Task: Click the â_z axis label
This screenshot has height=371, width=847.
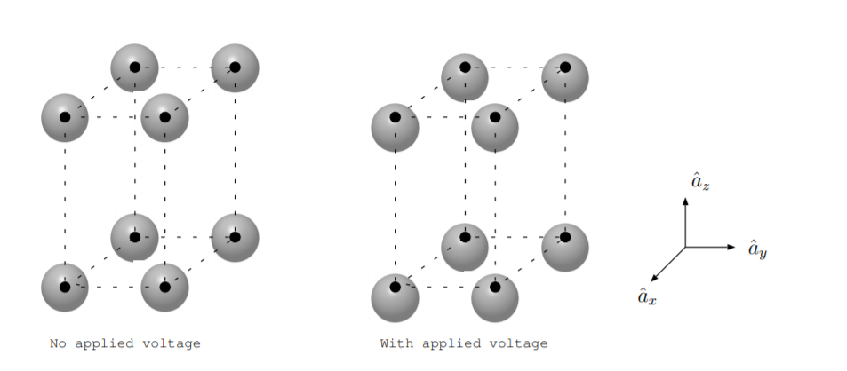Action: tap(699, 183)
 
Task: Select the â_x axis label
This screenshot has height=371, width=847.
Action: tap(647, 296)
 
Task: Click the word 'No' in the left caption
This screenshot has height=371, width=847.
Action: tap(56, 343)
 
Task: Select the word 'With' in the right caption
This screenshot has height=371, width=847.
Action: tap(396, 343)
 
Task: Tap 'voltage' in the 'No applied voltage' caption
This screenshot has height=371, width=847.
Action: tap(174, 343)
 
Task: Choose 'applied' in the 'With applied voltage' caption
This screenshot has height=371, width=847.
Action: tap(452, 343)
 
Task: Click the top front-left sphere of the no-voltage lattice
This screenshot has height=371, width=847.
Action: tap(65, 117)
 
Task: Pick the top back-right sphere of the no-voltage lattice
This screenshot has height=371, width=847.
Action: tap(235, 67)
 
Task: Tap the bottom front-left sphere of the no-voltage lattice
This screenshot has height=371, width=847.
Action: tap(65, 288)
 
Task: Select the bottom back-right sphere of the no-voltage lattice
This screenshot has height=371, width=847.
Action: tap(235, 237)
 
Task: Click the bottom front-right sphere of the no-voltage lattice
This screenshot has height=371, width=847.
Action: tap(164, 288)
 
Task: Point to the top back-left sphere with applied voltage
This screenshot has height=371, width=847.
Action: tap(465, 77)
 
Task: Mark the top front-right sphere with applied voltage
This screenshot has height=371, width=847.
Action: tap(495, 128)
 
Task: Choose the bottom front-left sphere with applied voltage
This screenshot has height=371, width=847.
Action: tap(395, 298)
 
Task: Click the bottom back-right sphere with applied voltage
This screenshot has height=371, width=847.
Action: tap(565, 247)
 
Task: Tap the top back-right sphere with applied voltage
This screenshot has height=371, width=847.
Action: tap(565, 77)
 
